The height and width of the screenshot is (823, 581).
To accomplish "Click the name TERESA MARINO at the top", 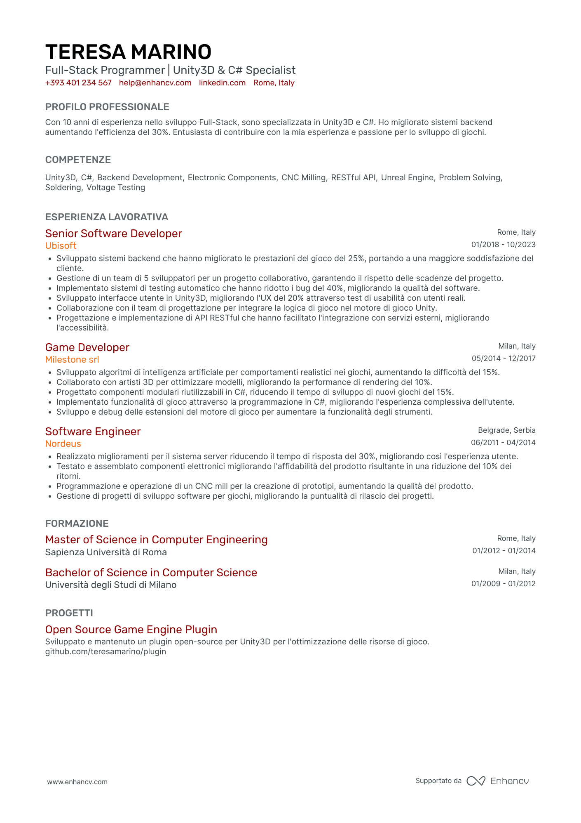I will coord(128,52).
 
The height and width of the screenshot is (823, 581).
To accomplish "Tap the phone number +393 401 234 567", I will coord(78,83).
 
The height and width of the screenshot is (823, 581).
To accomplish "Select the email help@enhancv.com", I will coord(155,83).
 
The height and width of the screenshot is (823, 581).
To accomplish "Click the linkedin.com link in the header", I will coord(222,83).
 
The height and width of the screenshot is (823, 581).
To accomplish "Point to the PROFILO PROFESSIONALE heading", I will coord(107,107).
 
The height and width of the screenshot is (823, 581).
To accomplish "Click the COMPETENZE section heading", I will coord(78,160).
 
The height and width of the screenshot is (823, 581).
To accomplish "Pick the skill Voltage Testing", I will coord(116,188).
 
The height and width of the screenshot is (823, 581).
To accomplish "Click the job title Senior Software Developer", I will coord(113,233).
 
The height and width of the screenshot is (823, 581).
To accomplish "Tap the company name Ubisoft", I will coord(61,246).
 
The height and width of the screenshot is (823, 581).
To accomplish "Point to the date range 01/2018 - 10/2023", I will coord(503,245).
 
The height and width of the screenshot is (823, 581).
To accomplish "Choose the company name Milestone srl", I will coord(72,360).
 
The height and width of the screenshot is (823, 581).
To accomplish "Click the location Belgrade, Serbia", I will coord(506,430).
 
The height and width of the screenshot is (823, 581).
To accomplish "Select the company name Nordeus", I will coord(63,444).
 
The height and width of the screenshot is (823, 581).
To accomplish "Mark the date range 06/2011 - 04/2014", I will coord(503,443).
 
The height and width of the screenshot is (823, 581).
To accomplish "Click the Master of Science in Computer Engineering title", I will coord(156,540).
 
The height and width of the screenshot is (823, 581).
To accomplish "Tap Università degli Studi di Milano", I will coord(111,585).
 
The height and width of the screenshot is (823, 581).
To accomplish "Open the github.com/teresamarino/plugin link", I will coord(105,652).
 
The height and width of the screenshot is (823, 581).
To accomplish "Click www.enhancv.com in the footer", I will coord(77,782).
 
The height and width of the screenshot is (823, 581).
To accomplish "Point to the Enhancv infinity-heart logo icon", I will coord(476,781).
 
